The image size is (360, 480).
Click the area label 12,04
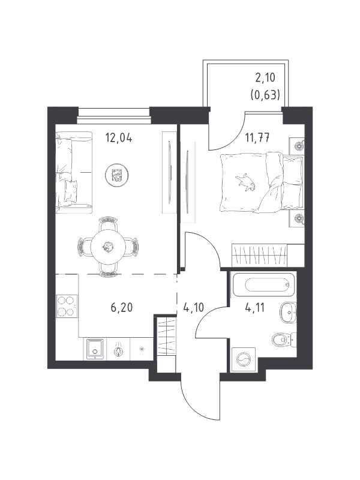119,138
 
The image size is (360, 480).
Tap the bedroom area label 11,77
257,138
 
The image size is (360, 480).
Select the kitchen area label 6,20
122,307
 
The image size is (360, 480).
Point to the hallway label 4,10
193,307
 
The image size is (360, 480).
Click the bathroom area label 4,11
254,307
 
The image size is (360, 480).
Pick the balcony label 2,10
265,78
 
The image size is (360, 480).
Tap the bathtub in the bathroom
263,284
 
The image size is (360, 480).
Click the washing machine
244,359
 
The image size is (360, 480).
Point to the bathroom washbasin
288,313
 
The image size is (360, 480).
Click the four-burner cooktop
67,307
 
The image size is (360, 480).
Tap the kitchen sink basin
95,349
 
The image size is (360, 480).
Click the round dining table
107,247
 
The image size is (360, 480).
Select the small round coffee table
116,175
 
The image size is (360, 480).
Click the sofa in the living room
74,172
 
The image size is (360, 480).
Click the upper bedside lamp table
297,146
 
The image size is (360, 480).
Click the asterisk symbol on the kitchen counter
142,349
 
